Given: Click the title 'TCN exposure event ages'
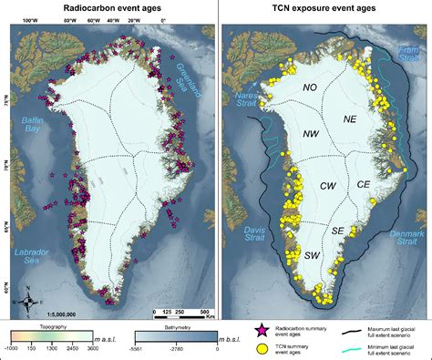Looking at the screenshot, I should click(x=324, y=7).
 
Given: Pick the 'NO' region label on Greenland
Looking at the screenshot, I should click(x=311, y=87).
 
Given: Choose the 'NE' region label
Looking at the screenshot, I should click(x=349, y=118).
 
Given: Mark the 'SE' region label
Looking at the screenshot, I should click(x=338, y=231).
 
